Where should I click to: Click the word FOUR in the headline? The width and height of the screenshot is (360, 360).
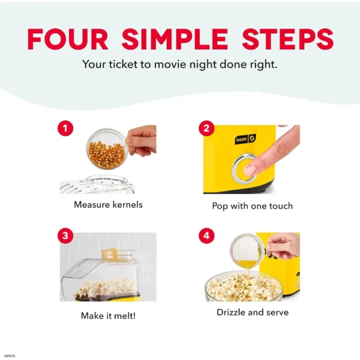point(68,39)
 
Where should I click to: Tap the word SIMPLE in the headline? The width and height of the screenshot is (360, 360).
point(175,39)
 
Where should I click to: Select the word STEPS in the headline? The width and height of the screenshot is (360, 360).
point(287,39)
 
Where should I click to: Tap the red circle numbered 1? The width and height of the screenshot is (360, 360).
point(65,128)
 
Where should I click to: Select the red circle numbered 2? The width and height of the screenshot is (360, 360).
point(206,128)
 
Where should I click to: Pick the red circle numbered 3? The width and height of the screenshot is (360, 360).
point(65,236)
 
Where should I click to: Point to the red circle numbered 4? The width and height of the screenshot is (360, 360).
point(206,236)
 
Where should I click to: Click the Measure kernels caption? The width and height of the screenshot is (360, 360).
point(108,205)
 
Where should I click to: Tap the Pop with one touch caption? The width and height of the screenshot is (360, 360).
point(253,206)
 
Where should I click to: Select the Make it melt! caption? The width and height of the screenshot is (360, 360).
point(108,316)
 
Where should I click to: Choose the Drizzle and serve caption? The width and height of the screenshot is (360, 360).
point(253,312)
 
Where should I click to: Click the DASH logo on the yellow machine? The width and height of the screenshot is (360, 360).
point(245,139)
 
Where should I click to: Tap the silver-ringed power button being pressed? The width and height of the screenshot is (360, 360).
point(244,167)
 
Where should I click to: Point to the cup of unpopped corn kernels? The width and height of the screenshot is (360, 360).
point(106,149)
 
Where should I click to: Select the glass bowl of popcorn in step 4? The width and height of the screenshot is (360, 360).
point(244,286)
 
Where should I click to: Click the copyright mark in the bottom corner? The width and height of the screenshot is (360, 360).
point(10,356)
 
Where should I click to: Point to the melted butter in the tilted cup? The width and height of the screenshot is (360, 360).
point(247,264)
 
